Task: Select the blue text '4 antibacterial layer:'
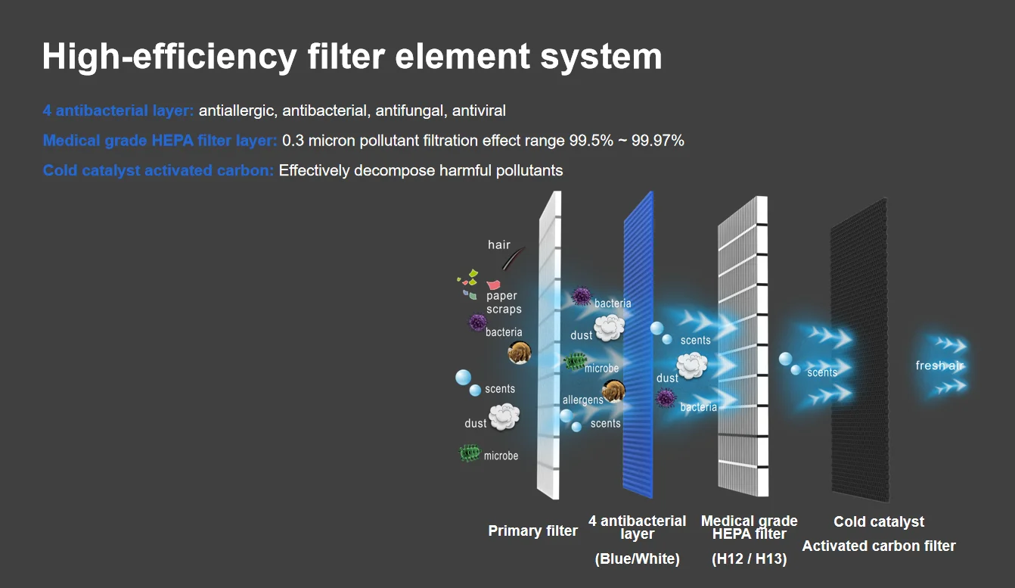[119, 110]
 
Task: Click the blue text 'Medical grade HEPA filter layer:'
[160, 140]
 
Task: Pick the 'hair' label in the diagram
[499, 244]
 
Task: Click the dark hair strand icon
[511, 260]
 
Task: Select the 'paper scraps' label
[503, 303]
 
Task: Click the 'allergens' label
[582, 400]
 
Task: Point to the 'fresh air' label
[939, 366]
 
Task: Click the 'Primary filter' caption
[532, 530]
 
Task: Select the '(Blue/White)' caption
[637, 559]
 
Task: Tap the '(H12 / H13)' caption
[749, 559]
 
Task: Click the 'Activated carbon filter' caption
[879, 546]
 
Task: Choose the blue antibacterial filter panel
[638, 344]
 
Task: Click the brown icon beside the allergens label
[613, 391]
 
